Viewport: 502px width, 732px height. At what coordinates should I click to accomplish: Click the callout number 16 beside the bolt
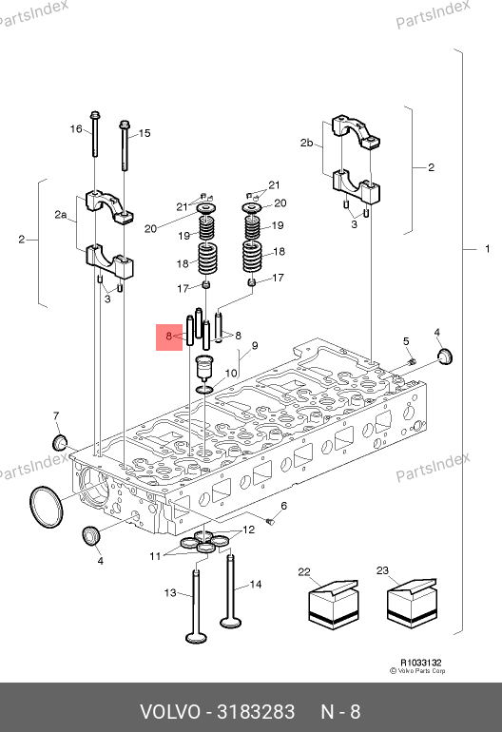point(76,129)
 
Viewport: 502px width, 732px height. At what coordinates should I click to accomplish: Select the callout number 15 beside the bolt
point(145,133)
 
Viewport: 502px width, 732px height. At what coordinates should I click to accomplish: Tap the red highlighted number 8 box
point(169,337)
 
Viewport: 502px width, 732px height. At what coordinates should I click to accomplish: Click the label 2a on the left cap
point(61,214)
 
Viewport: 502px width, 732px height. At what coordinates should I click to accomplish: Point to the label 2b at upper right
point(307,143)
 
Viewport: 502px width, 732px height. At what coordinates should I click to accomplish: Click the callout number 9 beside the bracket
point(255,346)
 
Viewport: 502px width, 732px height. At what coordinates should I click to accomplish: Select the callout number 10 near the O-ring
point(231,373)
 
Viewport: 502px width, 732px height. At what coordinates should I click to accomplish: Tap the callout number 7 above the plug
point(56,415)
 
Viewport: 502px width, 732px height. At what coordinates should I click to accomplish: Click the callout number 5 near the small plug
point(406,341)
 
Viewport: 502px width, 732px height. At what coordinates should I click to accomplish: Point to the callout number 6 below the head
point(283,506)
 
